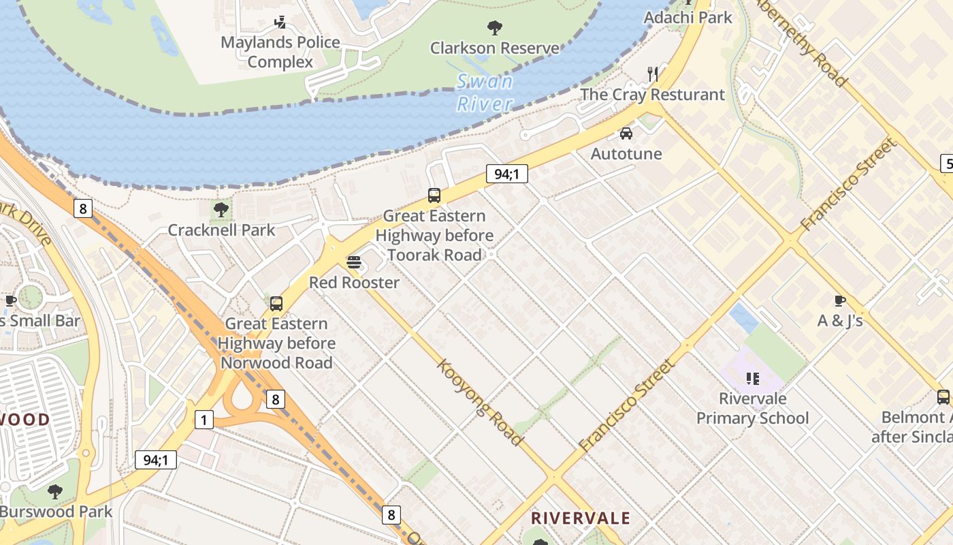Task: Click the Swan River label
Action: pyautogui.click(x=485, y=93)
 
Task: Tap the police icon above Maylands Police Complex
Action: pyautogui.click(x=280, y=22)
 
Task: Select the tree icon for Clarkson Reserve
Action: pyautogui.click(x=495, y=28)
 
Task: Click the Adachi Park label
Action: pyautogui.click(x=688, y=17)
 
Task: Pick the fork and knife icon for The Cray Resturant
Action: pyautogui.click(x=653, y=74)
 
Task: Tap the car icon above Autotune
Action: pyautogui.click(x=626, y=134)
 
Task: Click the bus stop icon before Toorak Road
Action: pyautogui.click(x=434, y=196)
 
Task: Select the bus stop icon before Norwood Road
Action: pyautogui.click(x=276, y=304)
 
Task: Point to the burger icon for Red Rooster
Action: pyautogui.click(x=353, y=262)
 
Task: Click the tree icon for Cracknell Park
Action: pyautogui.click(x=221, y=210)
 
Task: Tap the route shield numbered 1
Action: pyautogui.click(x=204, y=420)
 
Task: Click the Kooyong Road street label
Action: pyautogui.click(x=480, y=403)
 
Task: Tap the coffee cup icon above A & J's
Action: pyautogui.click(x=839, y=300)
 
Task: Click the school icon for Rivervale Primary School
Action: pyautogui.click(x=752, y=378)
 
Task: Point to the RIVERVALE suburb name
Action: pyautogui.click(x=581, y=518)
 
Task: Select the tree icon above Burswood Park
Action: pyautogui.click(x=55, y=491)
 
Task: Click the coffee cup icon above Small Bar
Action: pyautogui.click(x=11, y=300)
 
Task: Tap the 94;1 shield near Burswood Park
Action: pyautogui.click(x=156, y=460)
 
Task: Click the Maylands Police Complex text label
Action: pyautogui.click(x=280, y=52)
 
